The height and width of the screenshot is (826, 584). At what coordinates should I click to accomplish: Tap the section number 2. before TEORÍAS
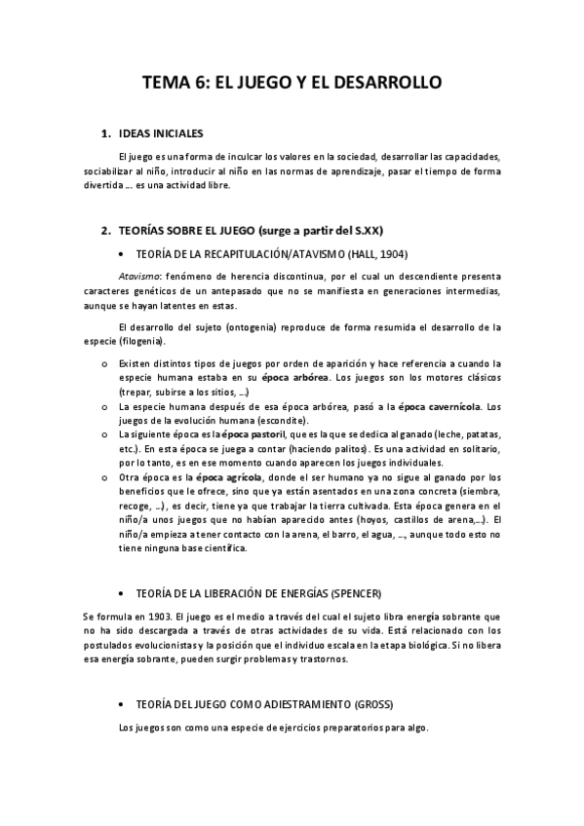[x=107, y=231]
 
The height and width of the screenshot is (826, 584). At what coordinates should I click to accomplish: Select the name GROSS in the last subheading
[x=370, y=703]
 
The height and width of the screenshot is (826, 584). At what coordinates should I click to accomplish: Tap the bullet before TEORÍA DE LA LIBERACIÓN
[x=118, y=592]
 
